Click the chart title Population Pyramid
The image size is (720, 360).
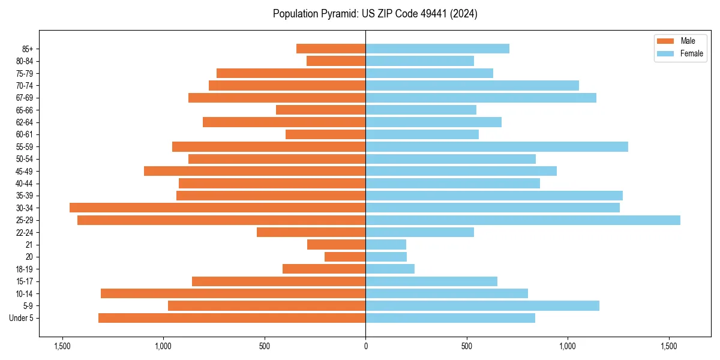point(375,14)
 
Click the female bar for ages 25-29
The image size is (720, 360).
point(523,220)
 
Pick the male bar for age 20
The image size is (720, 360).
point(345,257)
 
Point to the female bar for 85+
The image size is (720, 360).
point(437,49)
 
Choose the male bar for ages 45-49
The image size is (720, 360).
point(254,171)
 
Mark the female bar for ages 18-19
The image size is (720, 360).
point(390,269)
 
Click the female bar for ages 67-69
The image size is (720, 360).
point(481,98)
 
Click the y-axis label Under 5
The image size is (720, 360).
point(22,318)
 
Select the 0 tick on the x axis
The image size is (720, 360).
point(365,346)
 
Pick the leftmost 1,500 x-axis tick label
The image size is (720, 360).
point(62,346)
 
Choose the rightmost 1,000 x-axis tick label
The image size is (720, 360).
point(568,346)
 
